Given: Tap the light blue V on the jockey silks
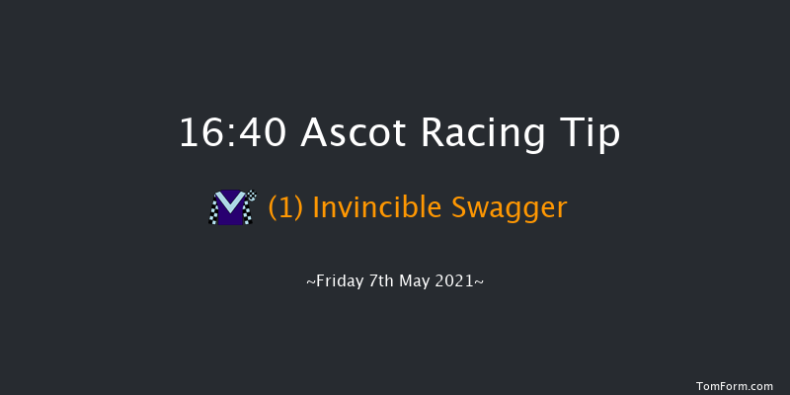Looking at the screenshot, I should tap(231, 202).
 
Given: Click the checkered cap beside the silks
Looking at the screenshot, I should tap(251, 196).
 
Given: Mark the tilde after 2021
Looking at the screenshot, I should tap(480, 281).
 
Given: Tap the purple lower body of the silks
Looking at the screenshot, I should tap(231, 217).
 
